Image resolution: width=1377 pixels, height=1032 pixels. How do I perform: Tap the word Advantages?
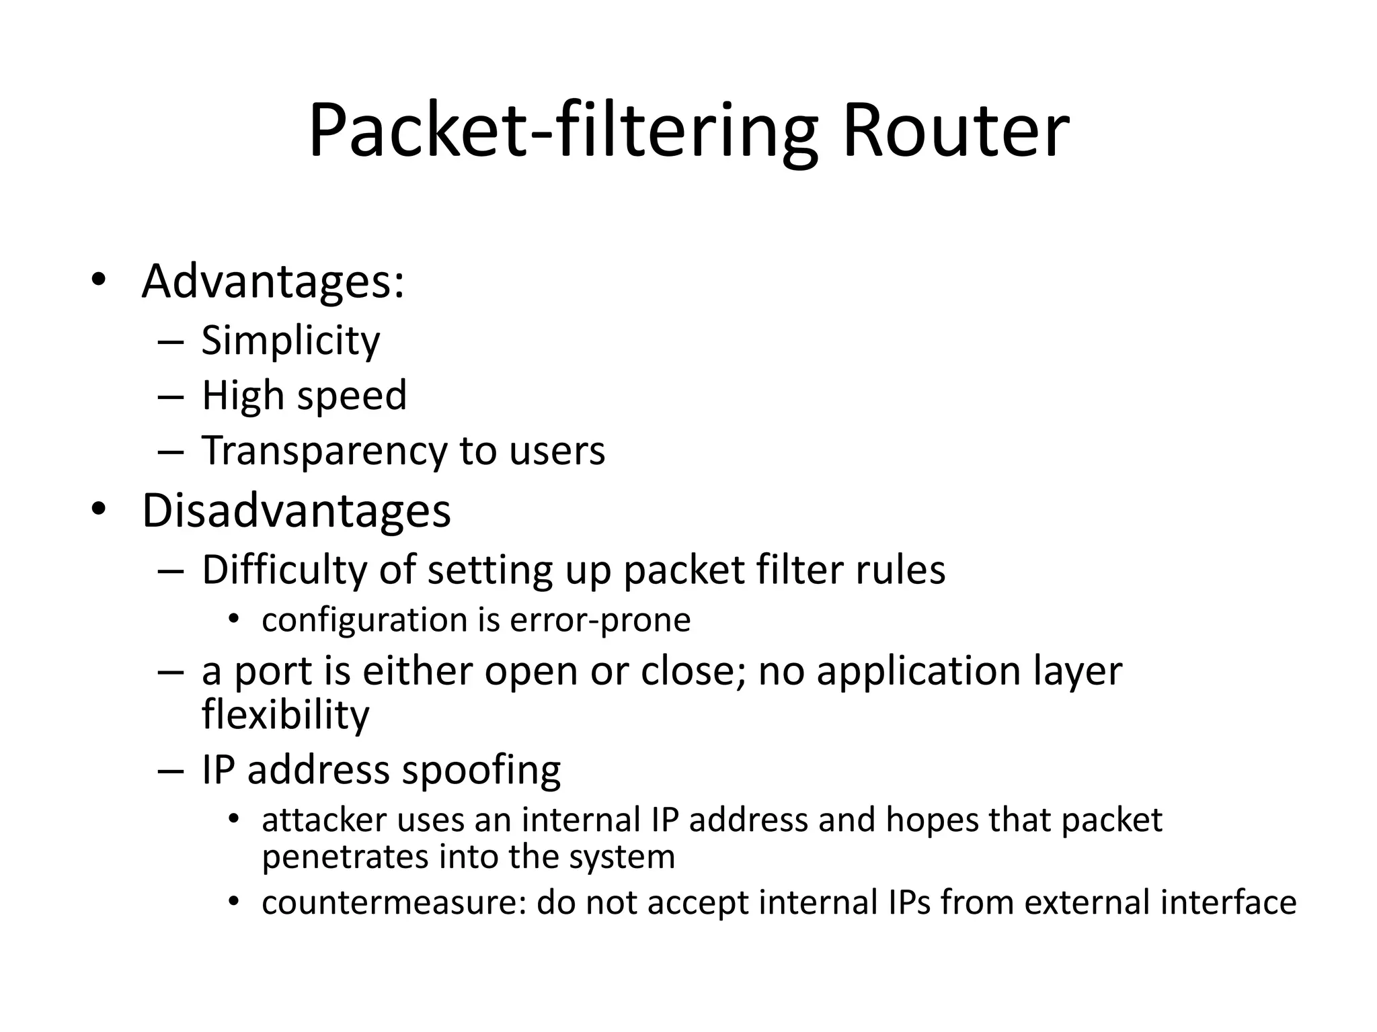(272, 282)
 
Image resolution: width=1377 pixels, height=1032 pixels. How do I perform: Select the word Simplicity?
(290, 341)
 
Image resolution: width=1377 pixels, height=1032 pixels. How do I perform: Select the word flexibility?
(285, 715)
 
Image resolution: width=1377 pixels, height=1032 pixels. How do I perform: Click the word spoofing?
(481, 770)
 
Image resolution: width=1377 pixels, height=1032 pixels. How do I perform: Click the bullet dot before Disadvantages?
(99, 510)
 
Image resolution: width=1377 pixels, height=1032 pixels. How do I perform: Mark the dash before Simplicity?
(171, 342)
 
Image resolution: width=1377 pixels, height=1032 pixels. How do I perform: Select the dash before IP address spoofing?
(171, 771)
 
